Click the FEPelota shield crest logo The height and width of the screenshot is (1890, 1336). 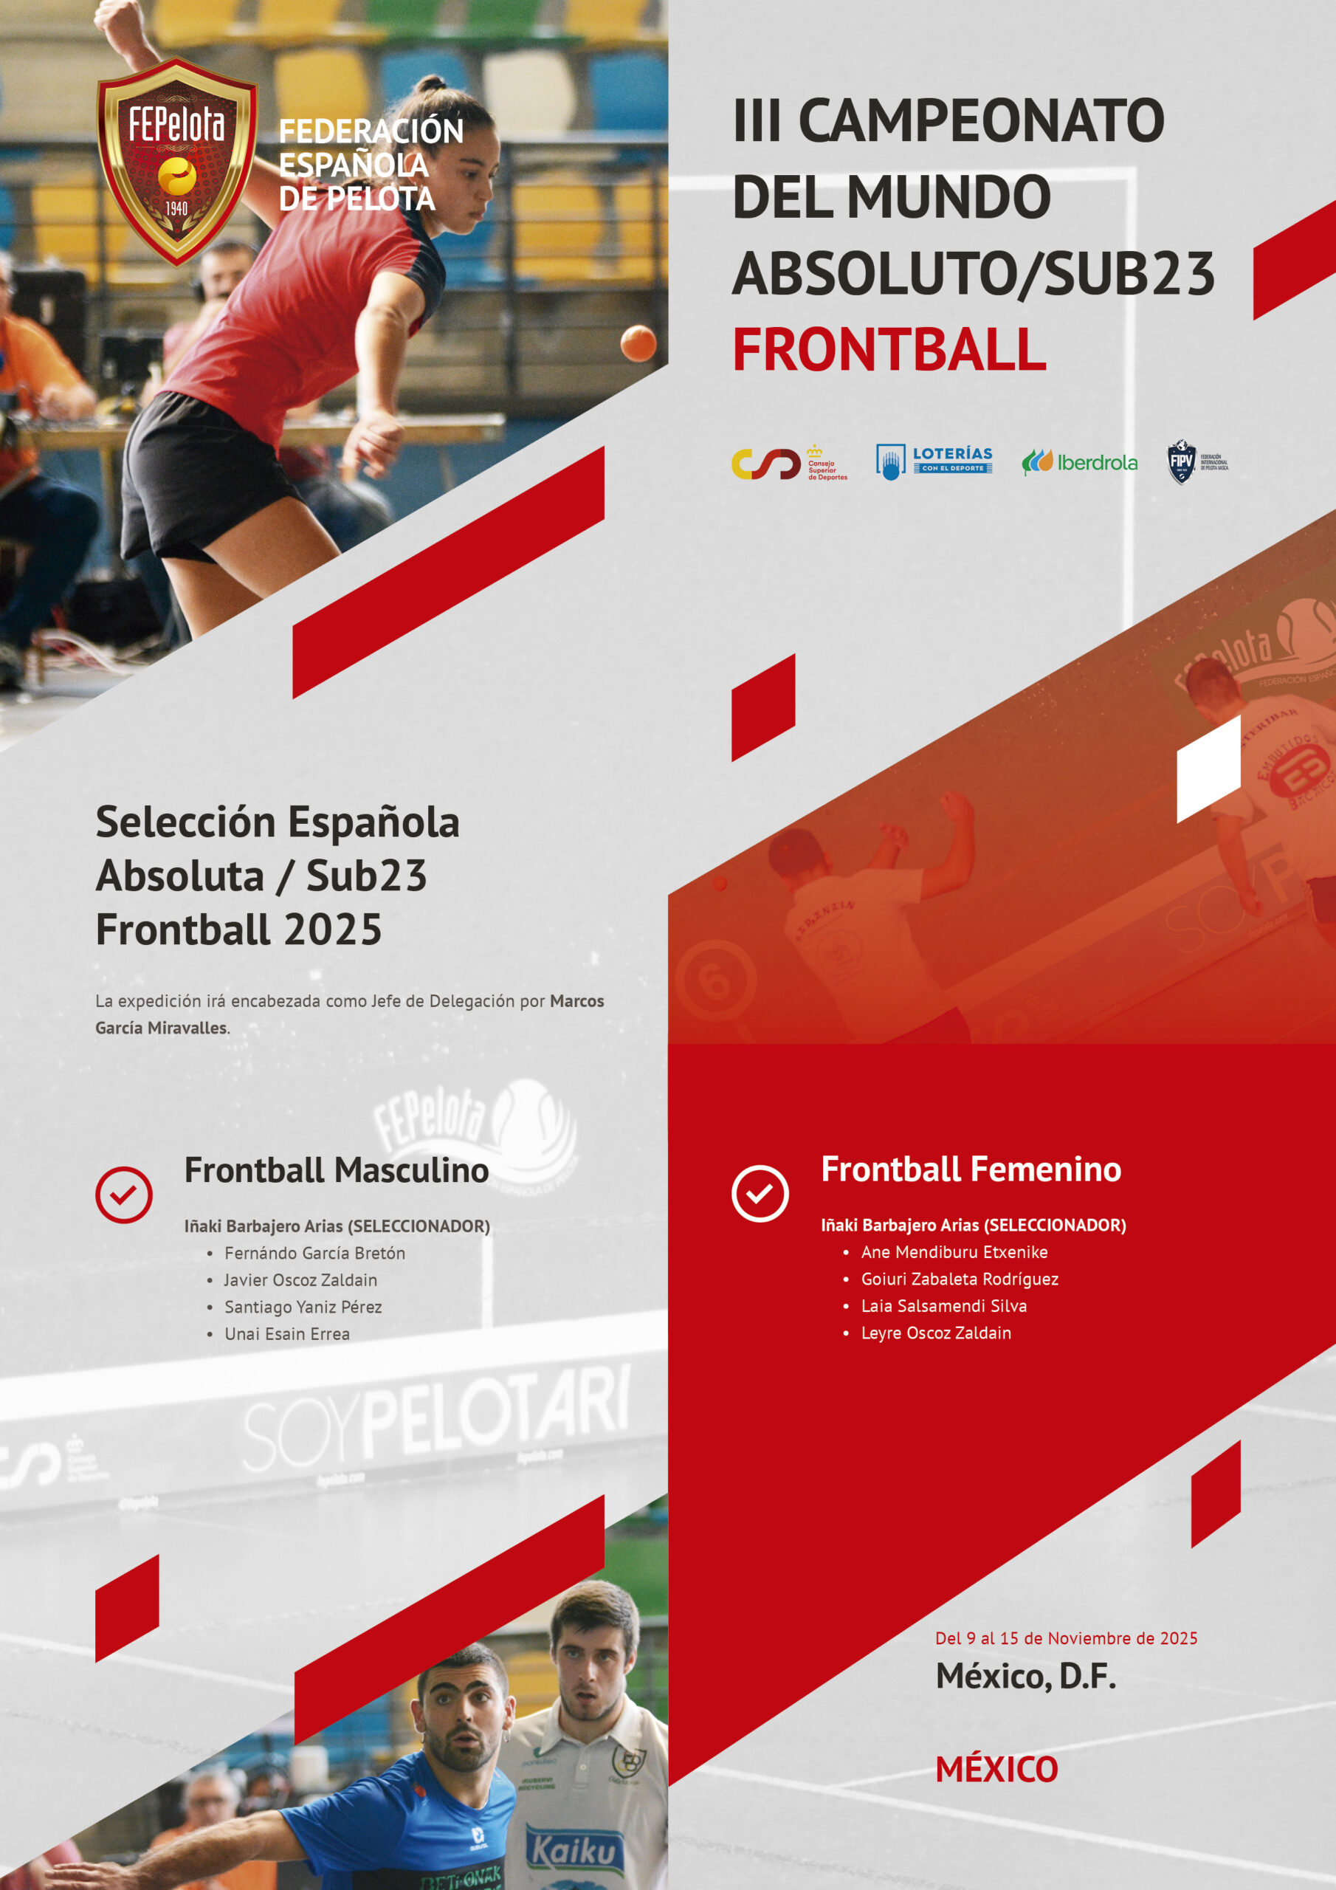[x=176, y=162]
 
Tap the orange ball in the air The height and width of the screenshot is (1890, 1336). [x=638, y=343]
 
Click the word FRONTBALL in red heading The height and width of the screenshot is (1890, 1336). [x=889, y=350]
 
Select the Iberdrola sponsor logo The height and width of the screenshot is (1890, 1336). [x=1079, y=463]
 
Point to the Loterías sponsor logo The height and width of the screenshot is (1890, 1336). [x=934, y=462]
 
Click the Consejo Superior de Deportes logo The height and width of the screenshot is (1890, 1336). [x=788, y=464]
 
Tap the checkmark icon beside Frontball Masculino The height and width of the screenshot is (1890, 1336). [x=123, y=1195]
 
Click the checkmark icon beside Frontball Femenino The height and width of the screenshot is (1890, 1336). [x=760, y=1194]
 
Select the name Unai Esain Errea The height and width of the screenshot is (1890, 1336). [x=286, y=1334]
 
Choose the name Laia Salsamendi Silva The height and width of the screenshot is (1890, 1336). [x=943, y=1306]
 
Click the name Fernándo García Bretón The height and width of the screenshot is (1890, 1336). [x=314, y=1254]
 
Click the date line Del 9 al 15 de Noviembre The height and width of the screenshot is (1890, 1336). [x=1065, y=1639]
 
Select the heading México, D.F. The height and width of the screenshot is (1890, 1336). [x=1026, y=1677]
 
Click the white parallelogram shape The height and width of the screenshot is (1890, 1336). [x=1208, y=769]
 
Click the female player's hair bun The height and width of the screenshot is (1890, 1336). [x=430, y=85]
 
